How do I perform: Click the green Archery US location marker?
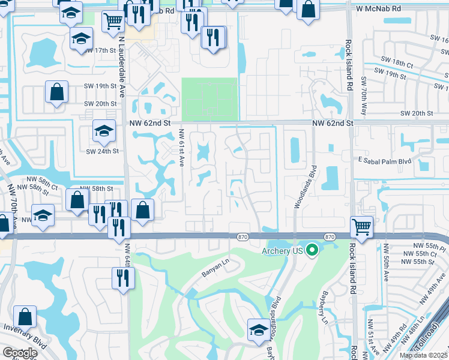pyautogui.click(x=312, y=250)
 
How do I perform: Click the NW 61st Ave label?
pyautogui.click(x=181, y=149)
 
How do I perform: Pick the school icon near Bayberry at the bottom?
pyautogui.click(x=258, y=331)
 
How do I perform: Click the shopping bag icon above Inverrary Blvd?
pyautogui.click(x=25, y=317)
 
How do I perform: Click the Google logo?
pyautogui.click(x=20, y=353)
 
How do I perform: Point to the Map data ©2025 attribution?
pyautogui.click(x=422, y=355)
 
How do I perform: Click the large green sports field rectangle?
pyautogui.click(x=209, y=99)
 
